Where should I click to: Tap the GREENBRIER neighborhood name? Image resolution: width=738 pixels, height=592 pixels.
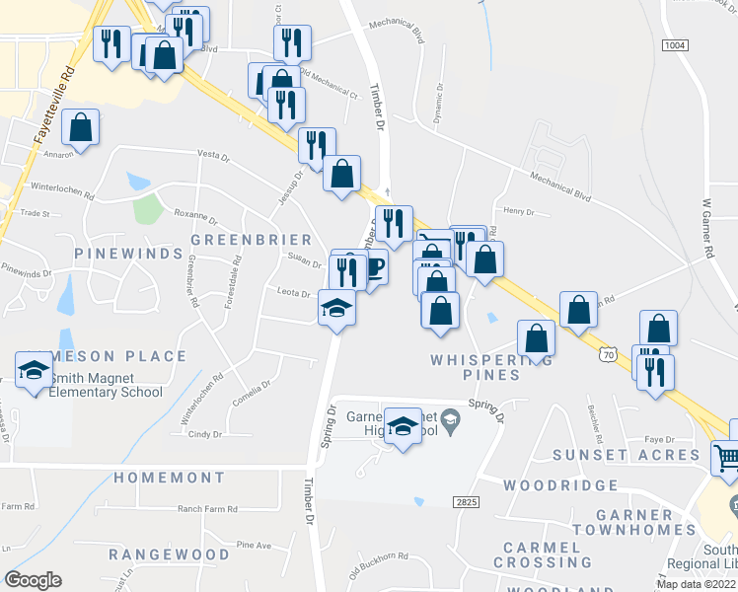[x=251, y=240]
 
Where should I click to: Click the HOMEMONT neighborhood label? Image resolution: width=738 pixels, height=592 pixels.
[x=169, y=478]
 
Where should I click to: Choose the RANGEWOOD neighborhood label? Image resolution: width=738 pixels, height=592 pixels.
[x=169, y=555]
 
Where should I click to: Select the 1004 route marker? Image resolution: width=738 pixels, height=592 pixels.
[x=675, y=45]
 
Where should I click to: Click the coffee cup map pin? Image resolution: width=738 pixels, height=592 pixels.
[x=371, y=268]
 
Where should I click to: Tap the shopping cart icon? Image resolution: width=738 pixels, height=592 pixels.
[x=725, y=458]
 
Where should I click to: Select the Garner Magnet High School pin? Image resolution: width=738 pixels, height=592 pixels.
[x=402, y=427]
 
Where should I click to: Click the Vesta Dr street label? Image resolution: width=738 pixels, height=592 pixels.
[x=212, y=155]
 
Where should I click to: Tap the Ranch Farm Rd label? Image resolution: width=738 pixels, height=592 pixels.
[x=208, y=509]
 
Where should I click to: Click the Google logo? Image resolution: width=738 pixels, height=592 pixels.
[x=33, y=580]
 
